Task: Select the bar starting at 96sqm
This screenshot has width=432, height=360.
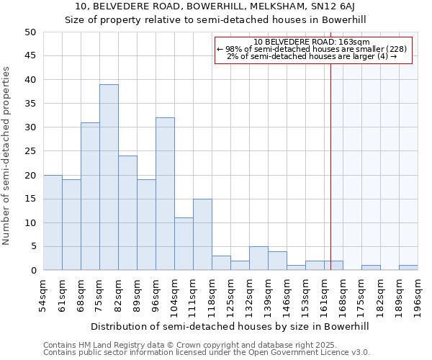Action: click(x=165, y=194)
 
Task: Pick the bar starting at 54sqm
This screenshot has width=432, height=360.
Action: click(x=53, y=222)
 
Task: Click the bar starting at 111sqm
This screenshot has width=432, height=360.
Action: click(x=202, y=235)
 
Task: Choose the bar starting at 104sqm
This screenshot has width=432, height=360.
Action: click(x=184, y=244)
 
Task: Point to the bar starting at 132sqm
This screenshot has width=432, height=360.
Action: click(x=258, y=258)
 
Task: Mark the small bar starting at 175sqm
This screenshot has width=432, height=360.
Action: click(x=371, y=268)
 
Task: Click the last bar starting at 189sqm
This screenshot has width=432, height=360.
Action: click(x=408, y=268)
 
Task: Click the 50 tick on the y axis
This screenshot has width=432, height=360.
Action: click(x=30, y=32)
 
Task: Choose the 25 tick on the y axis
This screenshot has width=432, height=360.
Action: click(x=30, y=151)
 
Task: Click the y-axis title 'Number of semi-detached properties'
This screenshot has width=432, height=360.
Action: click(x=7, y=156)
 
